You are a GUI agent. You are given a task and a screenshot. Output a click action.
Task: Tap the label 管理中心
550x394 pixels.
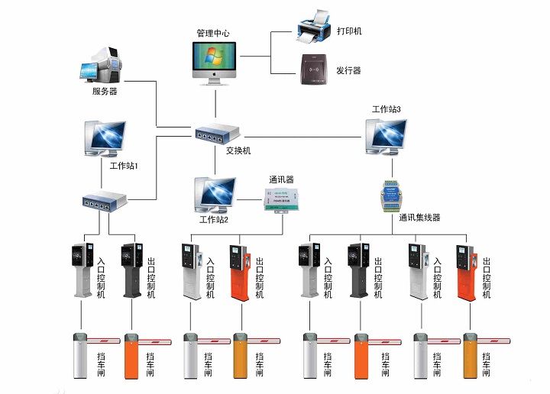click(x=213, y=34)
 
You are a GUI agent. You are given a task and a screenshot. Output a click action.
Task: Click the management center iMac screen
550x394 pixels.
click(x=215, y=60)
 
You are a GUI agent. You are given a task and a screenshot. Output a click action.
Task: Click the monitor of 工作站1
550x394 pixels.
click(x=105, y=138)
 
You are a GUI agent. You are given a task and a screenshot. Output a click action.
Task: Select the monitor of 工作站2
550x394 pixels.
click(x=217, y=194)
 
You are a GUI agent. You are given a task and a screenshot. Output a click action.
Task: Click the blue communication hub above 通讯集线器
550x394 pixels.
click(x=391, y=195)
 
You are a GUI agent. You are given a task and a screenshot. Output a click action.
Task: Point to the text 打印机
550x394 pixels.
click(x=349, y=31)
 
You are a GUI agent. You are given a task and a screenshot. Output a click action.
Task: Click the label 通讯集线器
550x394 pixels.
click(x=419, y=218)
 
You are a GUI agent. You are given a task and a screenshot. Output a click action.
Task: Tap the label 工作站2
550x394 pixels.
click(x=214, y=220)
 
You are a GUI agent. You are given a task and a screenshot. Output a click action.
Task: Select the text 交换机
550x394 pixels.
click(x=238, y=150)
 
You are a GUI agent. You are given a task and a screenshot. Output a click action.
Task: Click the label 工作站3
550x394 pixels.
click(x=387, y=110)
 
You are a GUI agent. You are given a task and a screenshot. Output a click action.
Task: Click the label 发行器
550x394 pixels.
click(x=349, y=70)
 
